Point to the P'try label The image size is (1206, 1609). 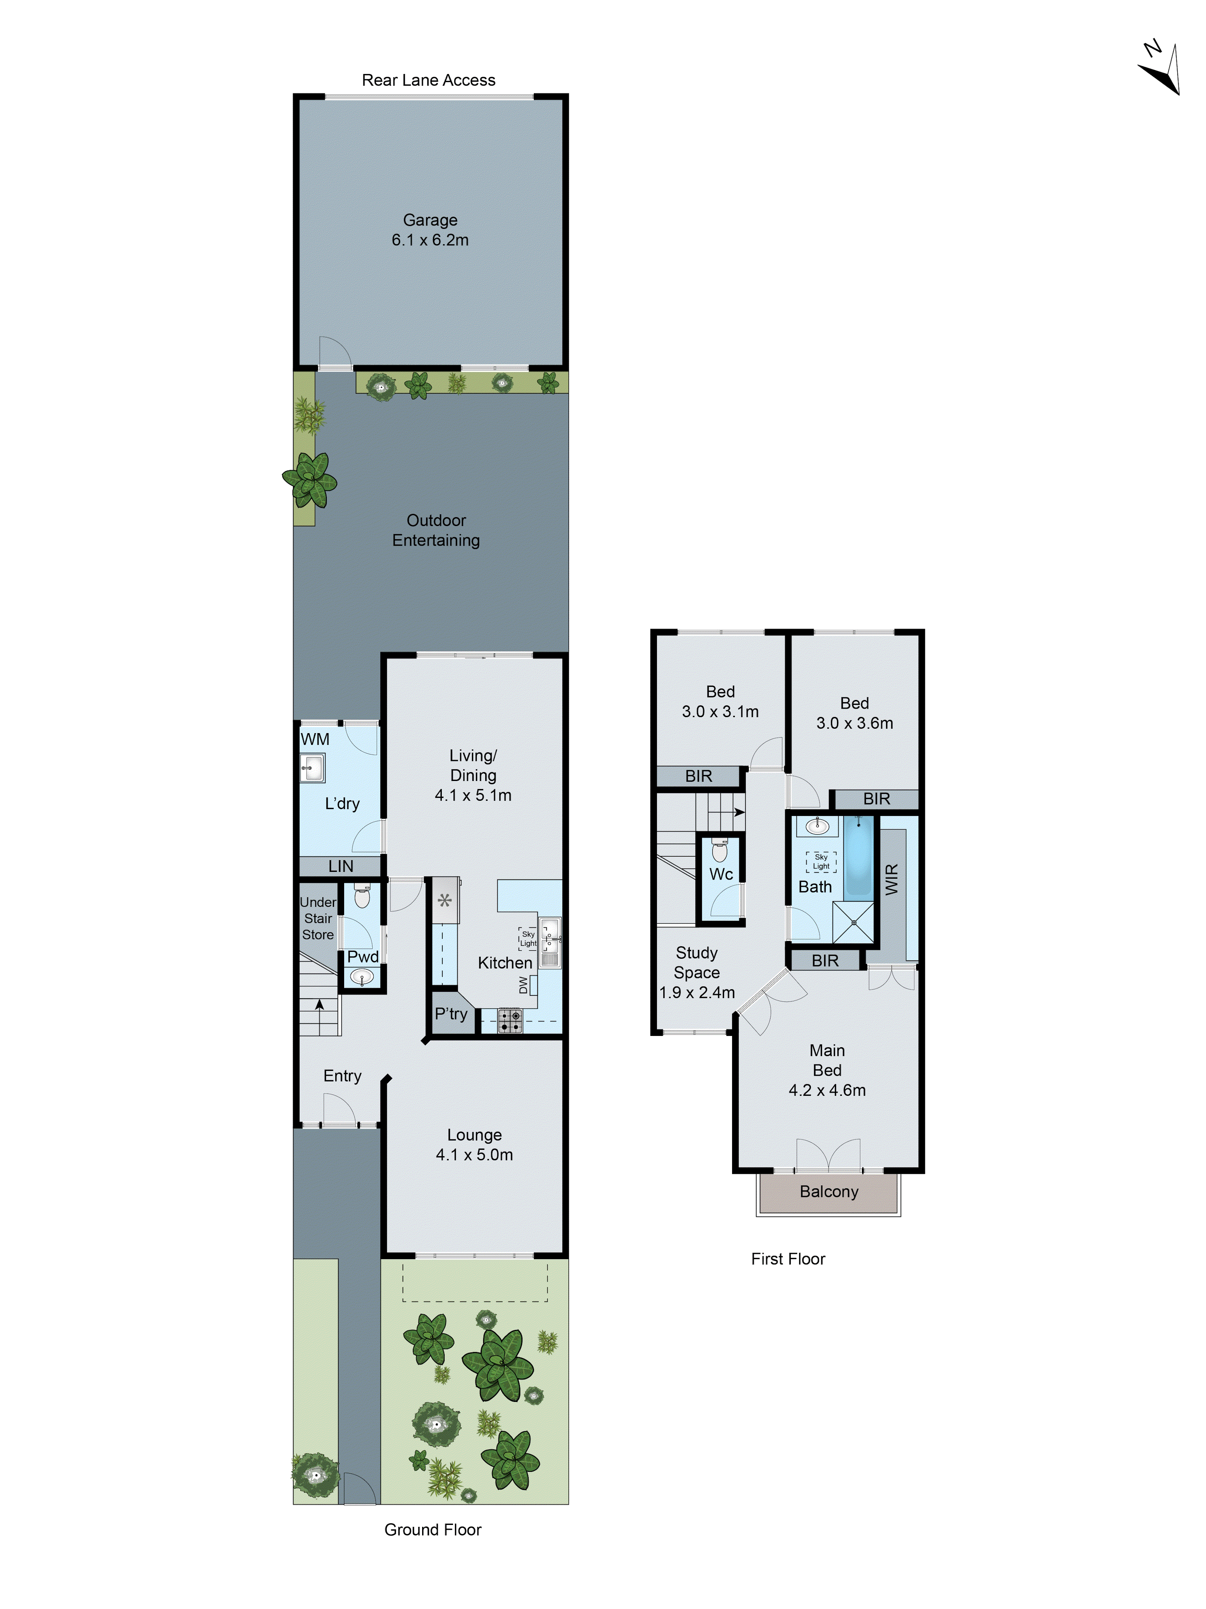pos(451,1013)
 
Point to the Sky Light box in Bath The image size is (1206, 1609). pos(821,861)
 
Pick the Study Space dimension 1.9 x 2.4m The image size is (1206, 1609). pos(696,992)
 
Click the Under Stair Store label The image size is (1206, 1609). pos(318,918)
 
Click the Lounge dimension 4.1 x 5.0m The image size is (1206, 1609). pos(474,1155)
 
